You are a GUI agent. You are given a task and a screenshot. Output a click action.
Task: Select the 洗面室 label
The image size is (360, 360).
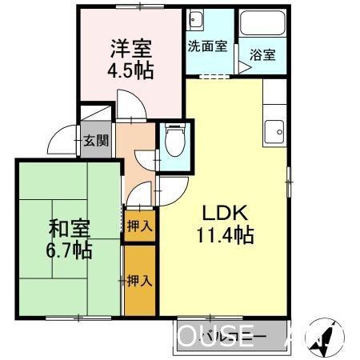(208, 46)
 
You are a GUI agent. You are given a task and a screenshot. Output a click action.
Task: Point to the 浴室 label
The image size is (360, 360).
(262, 55)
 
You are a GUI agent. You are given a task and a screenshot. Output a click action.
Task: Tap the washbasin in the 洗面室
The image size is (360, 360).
(198, 20)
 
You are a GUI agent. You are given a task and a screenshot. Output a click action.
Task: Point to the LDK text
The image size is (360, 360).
(226, 214)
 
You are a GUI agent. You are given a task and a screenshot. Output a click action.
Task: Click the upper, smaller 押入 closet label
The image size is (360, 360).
(140, 226)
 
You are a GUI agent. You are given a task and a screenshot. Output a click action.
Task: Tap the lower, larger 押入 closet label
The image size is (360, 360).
(140, 280)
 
